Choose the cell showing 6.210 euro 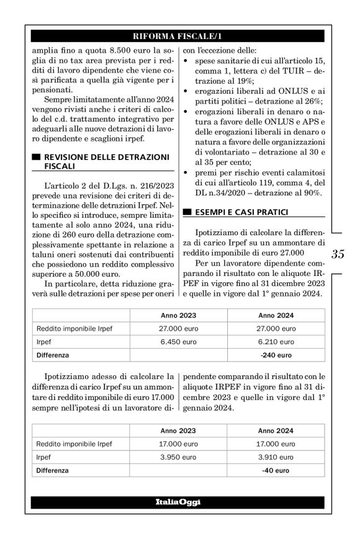(x=276, y=342)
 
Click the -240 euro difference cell (x=276, y=355)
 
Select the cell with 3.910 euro (x=276, y=457)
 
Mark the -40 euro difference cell (x=276, y=470)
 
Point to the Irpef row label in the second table (x=45, y=457)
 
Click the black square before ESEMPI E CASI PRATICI (x=187, y=213)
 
